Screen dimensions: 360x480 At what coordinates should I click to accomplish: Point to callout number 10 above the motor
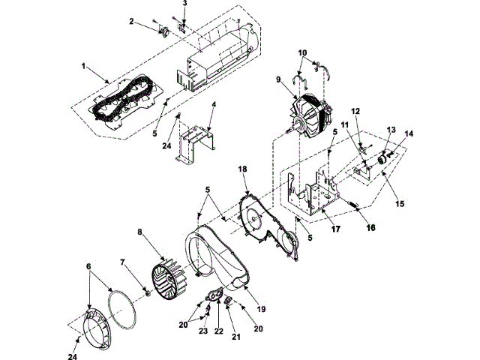pyautogui.click(x=302, y=53)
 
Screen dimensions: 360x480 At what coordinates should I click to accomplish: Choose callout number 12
pyautogui.click(x=356, y=111)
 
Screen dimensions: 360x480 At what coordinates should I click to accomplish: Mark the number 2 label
pyautogui.click(x=131, y=22)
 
